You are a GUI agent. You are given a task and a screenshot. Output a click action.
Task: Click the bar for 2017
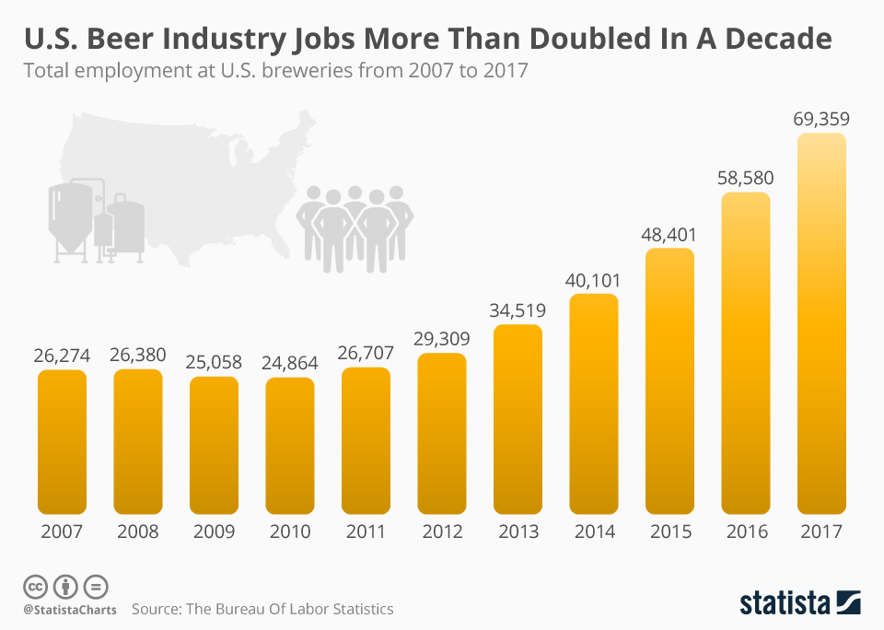pos(821,322)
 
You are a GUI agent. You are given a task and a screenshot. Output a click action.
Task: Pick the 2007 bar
pos(62,441)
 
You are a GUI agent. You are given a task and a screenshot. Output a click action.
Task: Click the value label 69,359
pos(821,119)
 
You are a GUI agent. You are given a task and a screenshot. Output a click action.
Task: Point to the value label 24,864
pos(290,363)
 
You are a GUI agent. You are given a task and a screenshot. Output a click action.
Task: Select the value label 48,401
pos(669,234)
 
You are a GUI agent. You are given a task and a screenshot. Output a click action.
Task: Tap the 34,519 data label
pos(518,310)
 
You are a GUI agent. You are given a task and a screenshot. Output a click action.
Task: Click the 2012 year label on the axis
pos(442,531)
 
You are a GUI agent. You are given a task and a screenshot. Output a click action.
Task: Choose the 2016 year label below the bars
pos(746,531)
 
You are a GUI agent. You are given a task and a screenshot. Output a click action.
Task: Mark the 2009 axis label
pos(214,531)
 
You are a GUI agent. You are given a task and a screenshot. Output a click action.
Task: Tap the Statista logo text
pos(784,603)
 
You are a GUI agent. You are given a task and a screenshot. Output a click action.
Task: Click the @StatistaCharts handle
pos(69,610)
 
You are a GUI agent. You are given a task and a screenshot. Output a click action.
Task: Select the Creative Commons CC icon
pos(35,586)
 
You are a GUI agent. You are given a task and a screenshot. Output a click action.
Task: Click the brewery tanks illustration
pos(96,220)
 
